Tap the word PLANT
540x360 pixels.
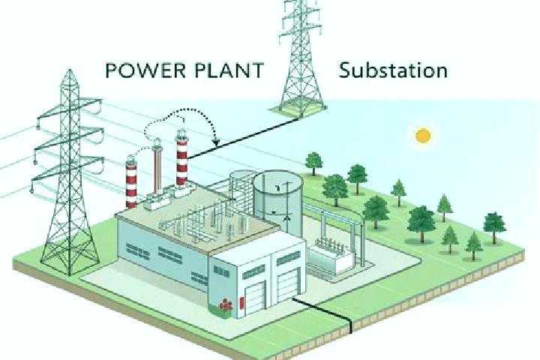tap(229, 70)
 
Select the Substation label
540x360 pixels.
tap(393, 70)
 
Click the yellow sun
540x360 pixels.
tap(423, 136)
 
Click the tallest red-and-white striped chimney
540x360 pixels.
tap(181, 158)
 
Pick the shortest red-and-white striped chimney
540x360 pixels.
tap(131, 182)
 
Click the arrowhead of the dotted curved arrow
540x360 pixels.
tap(216, 142)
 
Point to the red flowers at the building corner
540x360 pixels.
tap(226, 305)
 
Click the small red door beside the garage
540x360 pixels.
tap(241, 302)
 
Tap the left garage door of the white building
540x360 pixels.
tap(255, 298)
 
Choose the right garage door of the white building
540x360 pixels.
tap(288, 285)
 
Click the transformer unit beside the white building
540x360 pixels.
tap(330, 256)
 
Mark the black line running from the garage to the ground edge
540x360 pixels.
tap(322, 310)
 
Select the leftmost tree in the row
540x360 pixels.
tap(313, 163)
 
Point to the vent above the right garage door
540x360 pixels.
tap(288, 258)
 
